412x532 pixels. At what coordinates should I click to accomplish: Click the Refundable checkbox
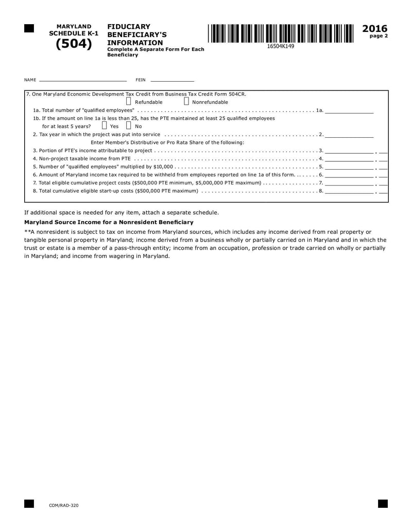tap(129, 101)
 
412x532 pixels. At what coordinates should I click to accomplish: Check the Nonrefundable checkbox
tap(186, 101)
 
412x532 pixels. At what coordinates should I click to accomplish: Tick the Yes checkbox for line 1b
tap(104, 125)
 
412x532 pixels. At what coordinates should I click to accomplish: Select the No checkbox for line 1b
tap(129, 125)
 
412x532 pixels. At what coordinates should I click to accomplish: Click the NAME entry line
tap(82, 80)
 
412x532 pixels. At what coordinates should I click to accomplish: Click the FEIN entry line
tap(173, 80)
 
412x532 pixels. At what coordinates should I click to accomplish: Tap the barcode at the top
tap(281, 33)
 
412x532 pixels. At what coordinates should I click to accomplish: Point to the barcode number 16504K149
tap(281, 46)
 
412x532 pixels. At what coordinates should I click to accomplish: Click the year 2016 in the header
tap(375, 29)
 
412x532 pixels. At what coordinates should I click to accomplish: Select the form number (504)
tap(73, 44)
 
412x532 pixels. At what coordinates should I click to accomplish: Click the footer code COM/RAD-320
tap(64, 505)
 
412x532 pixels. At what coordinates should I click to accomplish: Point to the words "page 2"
tap(379, 36)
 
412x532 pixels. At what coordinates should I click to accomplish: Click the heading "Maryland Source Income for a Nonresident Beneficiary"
tap(109, 222)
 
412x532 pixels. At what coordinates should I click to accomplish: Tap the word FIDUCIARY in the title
tap(129, 27)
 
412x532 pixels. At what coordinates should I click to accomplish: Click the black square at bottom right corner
tap(383, 503)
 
